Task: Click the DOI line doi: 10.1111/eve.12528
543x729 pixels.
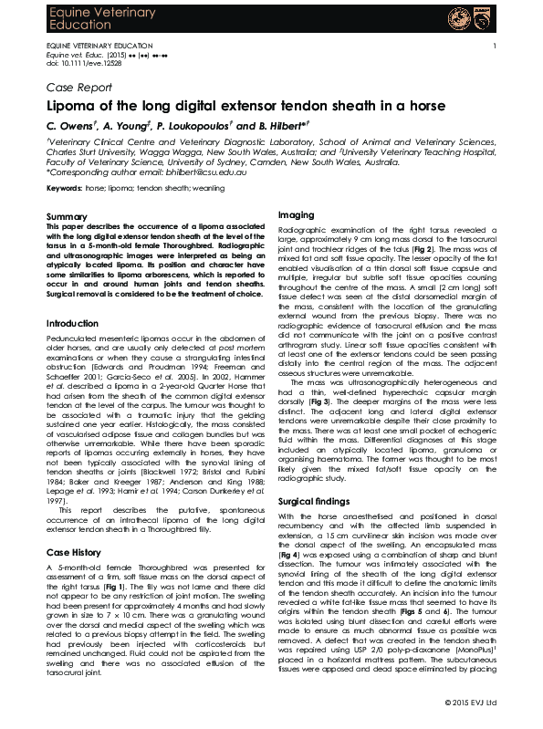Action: click(x=78, y=62)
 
